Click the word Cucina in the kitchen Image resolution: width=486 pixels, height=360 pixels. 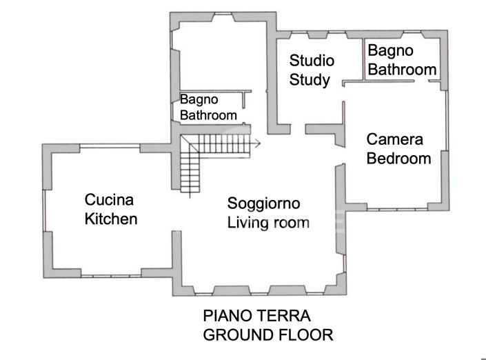[x=109, y=201]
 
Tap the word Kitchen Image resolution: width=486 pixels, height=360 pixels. [x=111, y=219]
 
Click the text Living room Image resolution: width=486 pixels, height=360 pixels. [x=268, y=223]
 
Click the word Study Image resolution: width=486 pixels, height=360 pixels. [x=309, y=79]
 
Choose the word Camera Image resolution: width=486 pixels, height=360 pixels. [x=394, y=139]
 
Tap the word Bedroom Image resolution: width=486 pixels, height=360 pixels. [x=398, y=159]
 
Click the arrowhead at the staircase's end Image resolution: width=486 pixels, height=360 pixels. [x=256, y=144]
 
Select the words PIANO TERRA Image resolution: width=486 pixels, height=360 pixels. [x=257, y=317]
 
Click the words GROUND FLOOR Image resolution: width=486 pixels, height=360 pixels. [x=268, y=335]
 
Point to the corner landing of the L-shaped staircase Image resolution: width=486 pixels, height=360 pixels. [x=189, y=144]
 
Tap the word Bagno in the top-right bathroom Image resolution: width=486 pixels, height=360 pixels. [x=390, y=50]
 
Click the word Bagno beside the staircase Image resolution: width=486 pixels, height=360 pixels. [x=199, y=99]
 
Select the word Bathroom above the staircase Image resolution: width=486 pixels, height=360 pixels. [x=208, y=115]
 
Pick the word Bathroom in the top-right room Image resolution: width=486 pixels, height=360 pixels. [x=402, y=69]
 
